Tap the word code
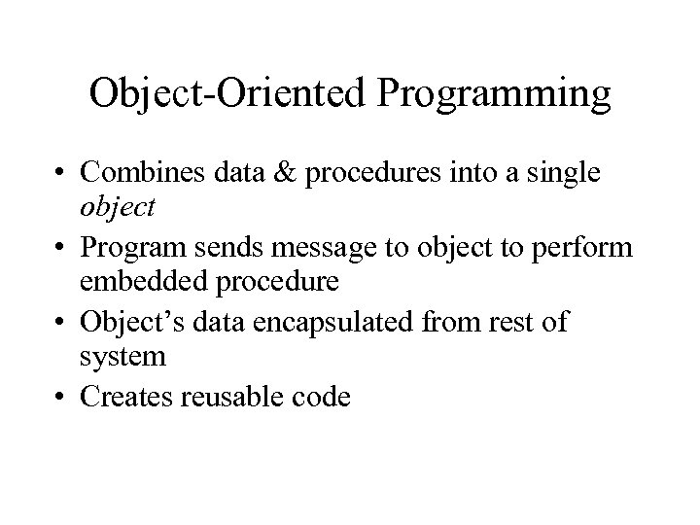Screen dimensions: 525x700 tap(326, 397)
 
